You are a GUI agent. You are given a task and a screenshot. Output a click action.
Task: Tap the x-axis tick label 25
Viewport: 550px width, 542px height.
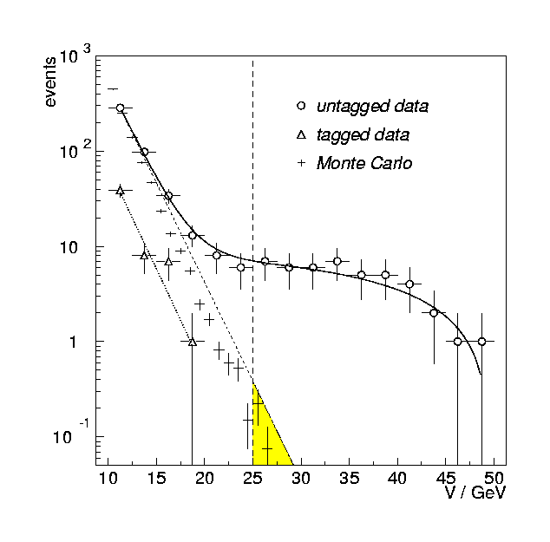point(252,478)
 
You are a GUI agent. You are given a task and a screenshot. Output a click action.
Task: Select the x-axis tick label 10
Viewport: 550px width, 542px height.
point(108,478)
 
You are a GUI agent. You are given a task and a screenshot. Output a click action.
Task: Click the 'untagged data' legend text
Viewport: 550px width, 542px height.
point(372,107)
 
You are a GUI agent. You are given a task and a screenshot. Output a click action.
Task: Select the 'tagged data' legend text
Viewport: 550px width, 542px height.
point(363,135)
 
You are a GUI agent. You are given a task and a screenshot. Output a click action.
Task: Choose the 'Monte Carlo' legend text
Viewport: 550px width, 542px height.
point(363,163)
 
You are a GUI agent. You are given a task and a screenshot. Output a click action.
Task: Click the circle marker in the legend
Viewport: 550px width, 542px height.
point(301,106)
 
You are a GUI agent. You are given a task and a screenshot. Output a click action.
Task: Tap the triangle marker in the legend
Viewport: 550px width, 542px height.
point(301,134)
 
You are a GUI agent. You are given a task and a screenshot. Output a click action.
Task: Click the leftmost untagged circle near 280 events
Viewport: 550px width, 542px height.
point(121,108)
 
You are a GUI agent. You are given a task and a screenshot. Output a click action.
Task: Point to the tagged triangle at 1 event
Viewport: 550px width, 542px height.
point(193,342)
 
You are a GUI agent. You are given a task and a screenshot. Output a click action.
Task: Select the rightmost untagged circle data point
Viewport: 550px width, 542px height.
point(481,342)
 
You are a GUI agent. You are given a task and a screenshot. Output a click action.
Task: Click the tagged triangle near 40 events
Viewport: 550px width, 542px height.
point(121,190)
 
